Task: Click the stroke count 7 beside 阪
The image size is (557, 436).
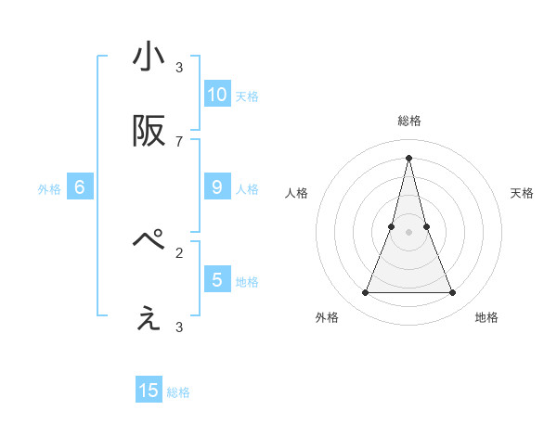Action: [x=179, y=141]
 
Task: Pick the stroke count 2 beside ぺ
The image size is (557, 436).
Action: [x=179, y=251]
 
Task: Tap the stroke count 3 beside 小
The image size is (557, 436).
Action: [x=179, y=67]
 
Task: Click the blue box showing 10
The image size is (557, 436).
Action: [x=217, y=94]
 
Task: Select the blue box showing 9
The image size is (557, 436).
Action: [x=217, y=186]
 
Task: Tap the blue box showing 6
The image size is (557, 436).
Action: [x=80, y=186]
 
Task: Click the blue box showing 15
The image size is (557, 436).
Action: [x=149, y=391]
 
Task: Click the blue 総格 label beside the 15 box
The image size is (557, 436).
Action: [x=178, y=392]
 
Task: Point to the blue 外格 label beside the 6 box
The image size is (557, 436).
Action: [x=49, y=189]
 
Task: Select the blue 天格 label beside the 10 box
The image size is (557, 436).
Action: [x=247, y=96]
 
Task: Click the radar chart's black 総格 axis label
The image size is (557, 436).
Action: [x=408, y=121]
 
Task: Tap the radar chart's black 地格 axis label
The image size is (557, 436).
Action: [x=486, y=318]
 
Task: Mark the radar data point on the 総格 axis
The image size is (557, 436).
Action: [x=408, y=158]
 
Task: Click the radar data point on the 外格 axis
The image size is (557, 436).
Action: [x=365, y=293]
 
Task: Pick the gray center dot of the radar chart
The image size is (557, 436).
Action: [x=408, y=232]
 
